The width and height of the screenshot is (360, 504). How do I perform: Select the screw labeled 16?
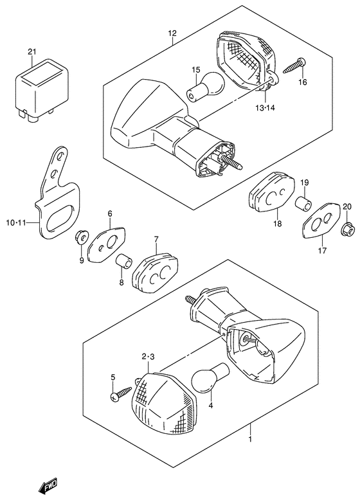click(x=294, y=66)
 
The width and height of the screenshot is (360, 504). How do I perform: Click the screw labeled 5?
click(x=121, y=393)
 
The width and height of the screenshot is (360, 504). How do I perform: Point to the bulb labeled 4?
click(x=210, y=378)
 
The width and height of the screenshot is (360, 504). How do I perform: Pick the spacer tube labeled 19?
click(x=303, y=204)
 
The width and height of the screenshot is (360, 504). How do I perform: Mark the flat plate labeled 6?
click(x=106, y=244)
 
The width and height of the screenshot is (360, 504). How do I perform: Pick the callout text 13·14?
click(x=266, y=108)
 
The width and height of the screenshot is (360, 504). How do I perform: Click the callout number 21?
click(x=32, y=51)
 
